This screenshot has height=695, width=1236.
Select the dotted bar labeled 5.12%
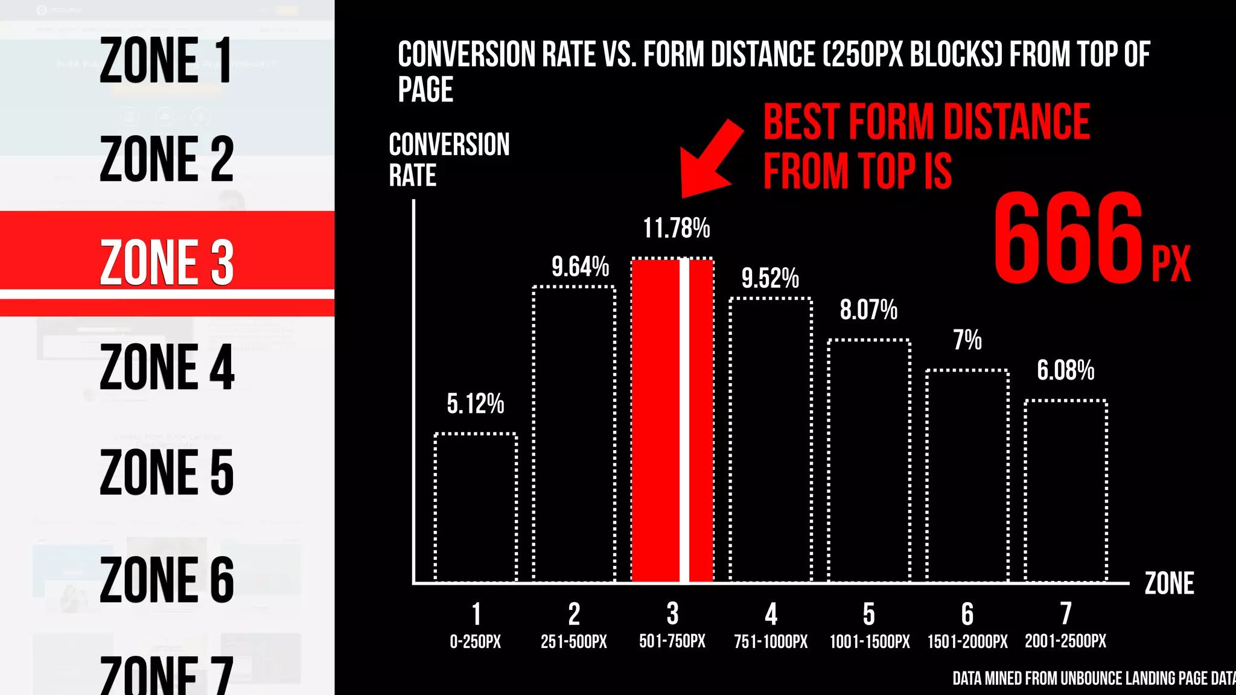(x=476, y=507)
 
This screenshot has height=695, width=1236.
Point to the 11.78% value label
(x=676, y=229)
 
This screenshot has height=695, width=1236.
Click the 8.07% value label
(x=868, y=310)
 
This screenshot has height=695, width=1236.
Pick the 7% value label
(x=967, y=340)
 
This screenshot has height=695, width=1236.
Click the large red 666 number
(x=1068, y=238)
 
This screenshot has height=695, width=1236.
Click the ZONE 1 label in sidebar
(x=165, y=60)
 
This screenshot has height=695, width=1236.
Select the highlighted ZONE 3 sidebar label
(x=167, y=262)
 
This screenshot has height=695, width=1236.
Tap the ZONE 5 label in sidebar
(x=167, y=472)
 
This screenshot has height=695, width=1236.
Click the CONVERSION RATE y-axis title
(x=449, y=160)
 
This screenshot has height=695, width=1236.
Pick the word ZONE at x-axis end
(x=1169, y=583)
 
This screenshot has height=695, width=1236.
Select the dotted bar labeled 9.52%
(x=771, y=440)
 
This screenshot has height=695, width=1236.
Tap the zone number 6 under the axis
(x=967, y=614)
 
